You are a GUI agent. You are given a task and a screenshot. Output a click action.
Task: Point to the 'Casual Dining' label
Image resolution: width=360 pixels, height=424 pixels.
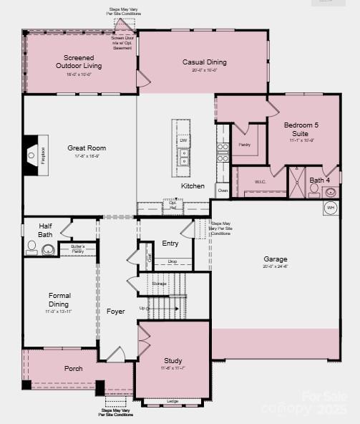[x=204, y=62]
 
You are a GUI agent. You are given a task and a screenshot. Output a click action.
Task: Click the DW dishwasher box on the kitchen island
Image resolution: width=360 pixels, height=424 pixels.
[x=184, y=140]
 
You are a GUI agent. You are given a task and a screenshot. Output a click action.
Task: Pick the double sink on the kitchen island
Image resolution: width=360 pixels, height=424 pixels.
[x=184, y=158]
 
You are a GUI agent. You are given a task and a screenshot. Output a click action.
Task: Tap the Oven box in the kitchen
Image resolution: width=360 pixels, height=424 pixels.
[x=223, y=191]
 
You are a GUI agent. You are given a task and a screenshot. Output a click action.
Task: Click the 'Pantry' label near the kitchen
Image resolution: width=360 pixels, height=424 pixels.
[x=244, y=145]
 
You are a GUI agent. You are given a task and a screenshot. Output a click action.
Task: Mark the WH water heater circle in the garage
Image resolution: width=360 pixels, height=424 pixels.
[x=331, y=208]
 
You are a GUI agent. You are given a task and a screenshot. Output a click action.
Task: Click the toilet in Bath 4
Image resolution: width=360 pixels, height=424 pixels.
[x=314, y=191]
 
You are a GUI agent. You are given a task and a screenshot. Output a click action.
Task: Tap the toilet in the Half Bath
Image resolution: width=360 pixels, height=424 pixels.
[x=31, y=248]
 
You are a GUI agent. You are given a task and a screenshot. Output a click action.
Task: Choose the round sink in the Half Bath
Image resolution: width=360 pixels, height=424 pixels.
[x=49, y=250]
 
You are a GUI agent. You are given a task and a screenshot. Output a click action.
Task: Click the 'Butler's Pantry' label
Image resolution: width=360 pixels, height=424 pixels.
[x=78, y=249]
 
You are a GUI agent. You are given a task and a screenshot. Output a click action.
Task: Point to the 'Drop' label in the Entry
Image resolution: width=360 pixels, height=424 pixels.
[x=172, y=261]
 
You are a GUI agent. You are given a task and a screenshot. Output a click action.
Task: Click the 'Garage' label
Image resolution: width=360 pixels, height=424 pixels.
[x=276, y=259]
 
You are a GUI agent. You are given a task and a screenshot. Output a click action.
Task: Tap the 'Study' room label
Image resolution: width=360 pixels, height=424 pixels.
[x=172, y=361]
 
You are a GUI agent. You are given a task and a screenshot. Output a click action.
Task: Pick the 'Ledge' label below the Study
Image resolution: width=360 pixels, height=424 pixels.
[x=172, y=401]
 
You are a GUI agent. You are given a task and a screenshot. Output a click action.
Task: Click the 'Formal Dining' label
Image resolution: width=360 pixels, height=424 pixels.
[x=59, y=299]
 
